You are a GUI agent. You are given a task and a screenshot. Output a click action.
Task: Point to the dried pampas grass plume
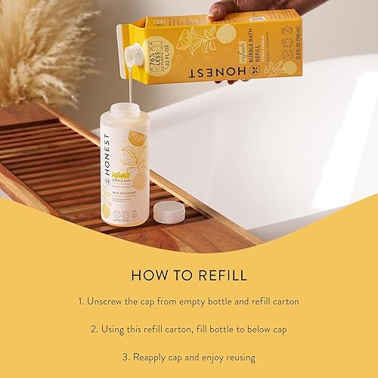coord(34,53)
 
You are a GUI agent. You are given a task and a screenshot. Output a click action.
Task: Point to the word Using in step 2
coord(119,329)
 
